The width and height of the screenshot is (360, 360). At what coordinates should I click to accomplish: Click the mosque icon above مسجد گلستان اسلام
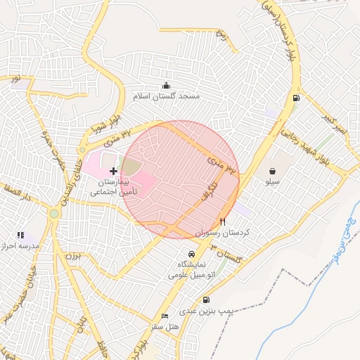coord(166,85)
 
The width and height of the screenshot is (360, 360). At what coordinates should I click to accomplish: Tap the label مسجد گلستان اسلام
coord(166,96)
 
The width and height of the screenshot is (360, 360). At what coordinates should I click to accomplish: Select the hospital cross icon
coord(114,171)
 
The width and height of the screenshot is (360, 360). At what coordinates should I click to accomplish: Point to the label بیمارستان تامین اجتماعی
coord(114,186)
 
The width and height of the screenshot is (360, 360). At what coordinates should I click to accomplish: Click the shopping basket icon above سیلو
coord(272,171)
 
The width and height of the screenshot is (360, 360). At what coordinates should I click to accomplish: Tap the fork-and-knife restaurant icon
coord(223,220)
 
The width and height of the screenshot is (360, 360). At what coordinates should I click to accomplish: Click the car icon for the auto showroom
coord(191,254)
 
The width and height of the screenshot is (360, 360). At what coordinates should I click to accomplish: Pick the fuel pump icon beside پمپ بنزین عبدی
coord(205,300)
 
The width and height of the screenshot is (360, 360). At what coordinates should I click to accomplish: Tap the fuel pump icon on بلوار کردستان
coord(295,98)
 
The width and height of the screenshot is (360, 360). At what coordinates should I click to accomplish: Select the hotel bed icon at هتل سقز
coord(165,316)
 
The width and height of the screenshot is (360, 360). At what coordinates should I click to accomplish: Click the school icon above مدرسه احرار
coord(20,235)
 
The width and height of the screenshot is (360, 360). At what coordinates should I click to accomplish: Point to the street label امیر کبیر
coord(336,125)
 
